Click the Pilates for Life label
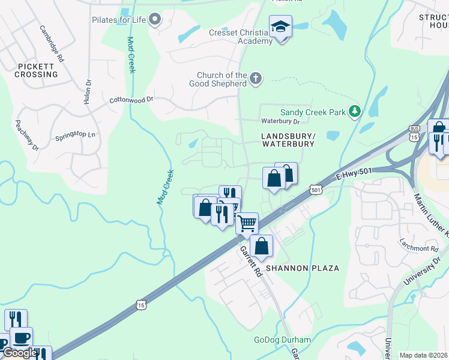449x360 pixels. point(119,20)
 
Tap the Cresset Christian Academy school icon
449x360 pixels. point(280,28)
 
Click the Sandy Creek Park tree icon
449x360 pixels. point(355,111)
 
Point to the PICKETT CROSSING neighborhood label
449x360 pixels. point(38,70)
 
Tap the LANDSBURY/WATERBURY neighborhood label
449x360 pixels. point(288,140)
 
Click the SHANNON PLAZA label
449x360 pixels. point(303,268)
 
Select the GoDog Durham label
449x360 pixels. point(282,340)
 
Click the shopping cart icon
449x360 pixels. point(247,223)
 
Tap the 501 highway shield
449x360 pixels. point(316,190)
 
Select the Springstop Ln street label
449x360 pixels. point(75,134)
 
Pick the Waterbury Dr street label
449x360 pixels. point(276,121)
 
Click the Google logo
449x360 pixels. point(19,353)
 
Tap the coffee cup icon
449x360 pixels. point(22,338)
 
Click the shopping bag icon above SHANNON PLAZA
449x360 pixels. point(261,245)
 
